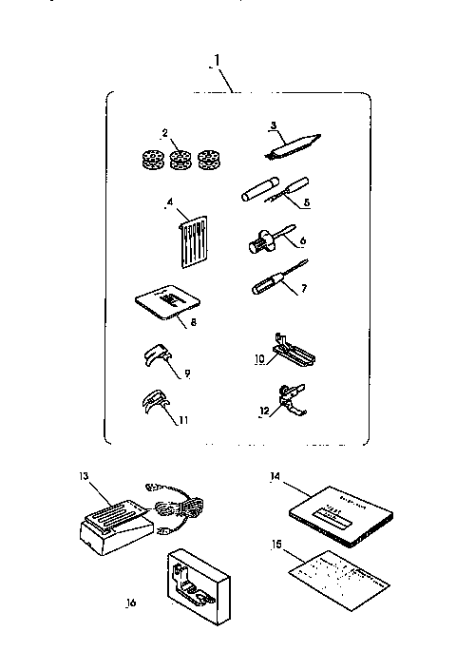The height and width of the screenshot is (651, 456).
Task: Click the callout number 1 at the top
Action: (x=218, y=62)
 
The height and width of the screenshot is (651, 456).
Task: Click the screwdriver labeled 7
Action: (x=270, y=283)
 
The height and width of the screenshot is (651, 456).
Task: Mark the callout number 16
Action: (x=131, y=603)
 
